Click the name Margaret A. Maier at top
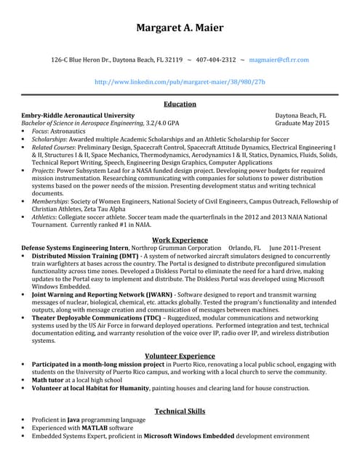180,28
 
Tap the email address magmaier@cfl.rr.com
279,60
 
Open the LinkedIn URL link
180,81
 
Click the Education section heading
180,105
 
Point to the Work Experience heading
180,239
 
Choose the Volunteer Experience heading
180,355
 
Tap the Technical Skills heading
180,411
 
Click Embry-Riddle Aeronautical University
78,116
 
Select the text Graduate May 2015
302,124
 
